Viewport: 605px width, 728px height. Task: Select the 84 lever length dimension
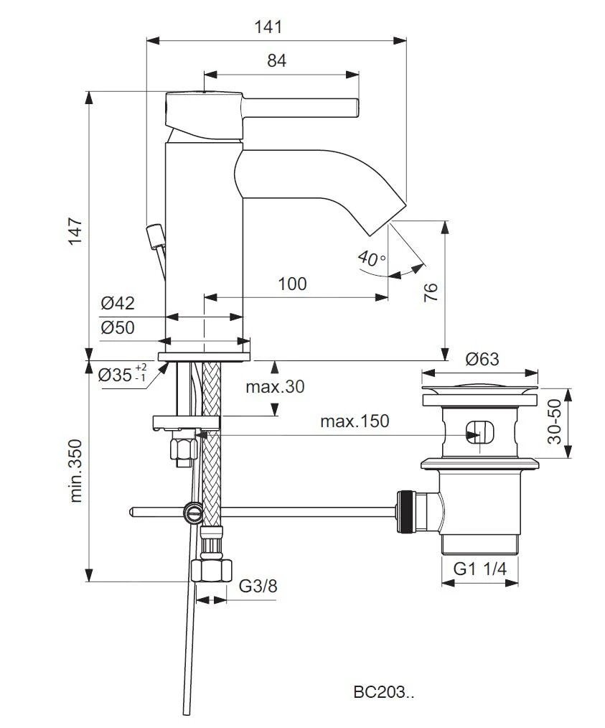(x=276, y=61)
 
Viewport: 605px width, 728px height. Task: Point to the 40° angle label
(x=371, y=259)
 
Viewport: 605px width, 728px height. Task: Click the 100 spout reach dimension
(x=292, y=284)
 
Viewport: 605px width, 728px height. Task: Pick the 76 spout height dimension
(x=431, y=291)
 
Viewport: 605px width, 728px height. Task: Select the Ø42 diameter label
(x=118, y=303)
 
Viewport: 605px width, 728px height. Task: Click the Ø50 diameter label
(x=118, y=328)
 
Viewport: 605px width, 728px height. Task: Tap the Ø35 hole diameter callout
(x=122, y=373)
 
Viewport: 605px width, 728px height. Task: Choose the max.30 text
(x=275, y=387)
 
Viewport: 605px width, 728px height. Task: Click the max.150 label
(x=355, y=421)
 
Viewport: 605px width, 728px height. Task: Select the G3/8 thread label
(x=259, y=587)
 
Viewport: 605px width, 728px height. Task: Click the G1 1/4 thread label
(x=480, y=569)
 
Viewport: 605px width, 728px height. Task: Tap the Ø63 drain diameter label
(x=482, y=359)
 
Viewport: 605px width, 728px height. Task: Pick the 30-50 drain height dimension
(x=553, y=423)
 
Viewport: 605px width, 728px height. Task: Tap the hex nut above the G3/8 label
(x=213, y=571)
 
